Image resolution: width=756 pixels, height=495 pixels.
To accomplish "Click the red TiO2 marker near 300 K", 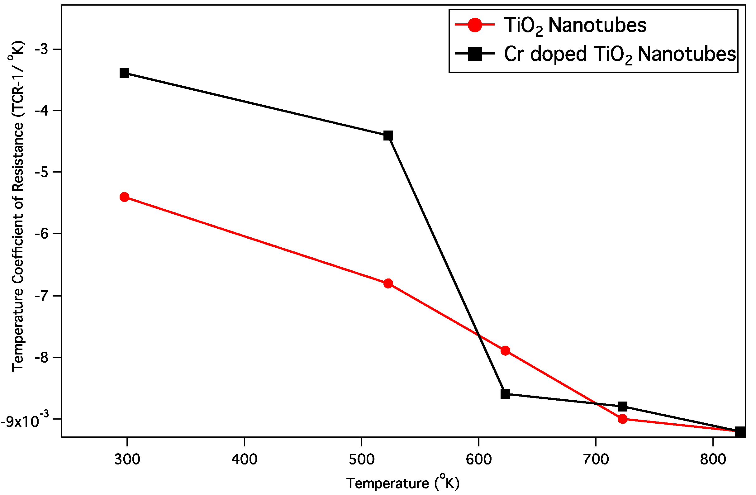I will [125, 197].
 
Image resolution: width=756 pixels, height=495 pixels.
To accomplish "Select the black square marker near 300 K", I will [125, 73].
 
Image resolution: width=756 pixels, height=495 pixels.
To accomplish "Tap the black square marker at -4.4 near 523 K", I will [388, 136].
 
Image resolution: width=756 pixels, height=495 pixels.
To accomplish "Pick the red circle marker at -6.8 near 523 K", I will [388, 283].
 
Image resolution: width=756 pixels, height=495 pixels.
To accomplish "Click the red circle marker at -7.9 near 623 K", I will [505, 351].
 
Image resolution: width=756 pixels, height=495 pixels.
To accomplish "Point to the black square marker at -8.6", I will [505, 394].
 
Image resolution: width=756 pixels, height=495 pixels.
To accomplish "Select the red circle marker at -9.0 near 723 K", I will [623, 419].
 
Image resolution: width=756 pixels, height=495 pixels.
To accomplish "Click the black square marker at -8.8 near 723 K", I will [623, 406].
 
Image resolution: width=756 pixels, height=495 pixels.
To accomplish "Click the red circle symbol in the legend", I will [475, 25].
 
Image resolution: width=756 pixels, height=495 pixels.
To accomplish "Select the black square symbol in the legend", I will [475, 54].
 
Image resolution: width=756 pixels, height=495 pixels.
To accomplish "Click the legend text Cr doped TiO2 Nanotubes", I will [620, 54].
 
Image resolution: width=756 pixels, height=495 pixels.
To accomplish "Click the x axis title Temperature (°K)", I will [403, 483].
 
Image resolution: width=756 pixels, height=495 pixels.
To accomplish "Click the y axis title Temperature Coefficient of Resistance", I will [17, 207].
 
